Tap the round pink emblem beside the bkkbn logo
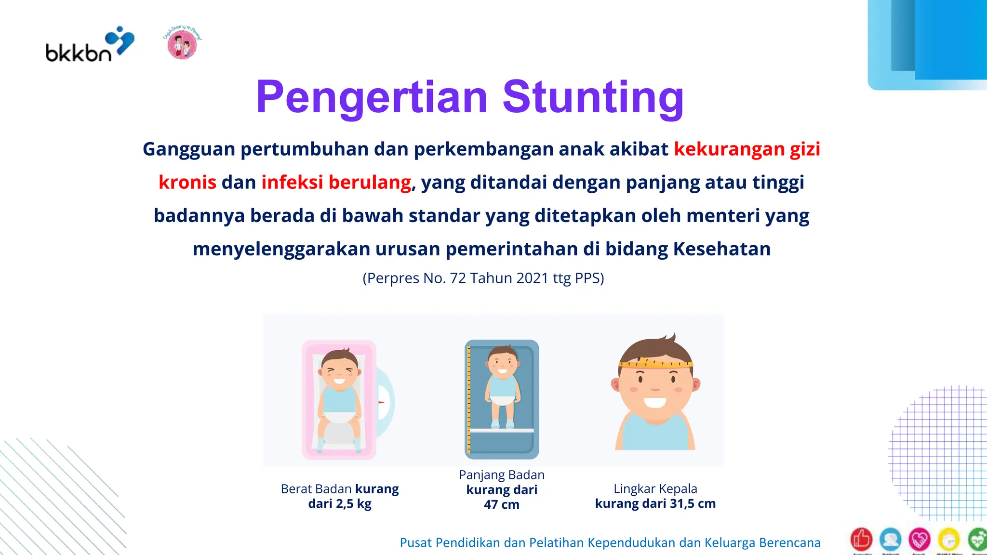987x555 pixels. click(182, 44)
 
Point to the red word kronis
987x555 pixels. click(187, 183)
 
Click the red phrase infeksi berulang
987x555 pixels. click(336, 183)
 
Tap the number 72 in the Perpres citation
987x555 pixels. click(457, 278)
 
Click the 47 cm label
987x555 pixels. click(501, 505)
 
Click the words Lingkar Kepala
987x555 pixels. click(655, 489)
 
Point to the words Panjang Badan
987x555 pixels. click(501, 475)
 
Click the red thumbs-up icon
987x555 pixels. click(861, 539)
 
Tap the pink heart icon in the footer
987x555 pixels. click(919, 539)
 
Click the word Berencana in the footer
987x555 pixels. click(789, 543)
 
